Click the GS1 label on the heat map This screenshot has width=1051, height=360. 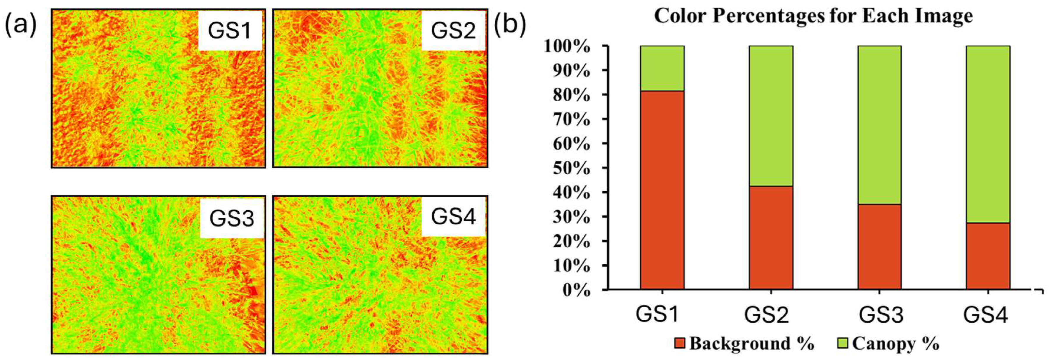pos(230,31)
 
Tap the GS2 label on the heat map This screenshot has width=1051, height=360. pos(453,31)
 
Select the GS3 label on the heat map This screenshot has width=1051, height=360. pos(232,218)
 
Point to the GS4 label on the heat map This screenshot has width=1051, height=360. pos(453,216)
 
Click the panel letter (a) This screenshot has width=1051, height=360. pos(20,25)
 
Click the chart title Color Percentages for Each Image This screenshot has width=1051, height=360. pos(813,16)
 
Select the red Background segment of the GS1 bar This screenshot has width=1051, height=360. pos(662,190)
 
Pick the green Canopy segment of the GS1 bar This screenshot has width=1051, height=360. pos(662,68)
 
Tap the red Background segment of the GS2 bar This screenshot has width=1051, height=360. pos(771,238)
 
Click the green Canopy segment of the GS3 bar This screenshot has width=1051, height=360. pos(879,125)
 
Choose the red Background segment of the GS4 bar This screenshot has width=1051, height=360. pos(988,256)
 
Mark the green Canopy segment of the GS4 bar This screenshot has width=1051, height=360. pos(988,134)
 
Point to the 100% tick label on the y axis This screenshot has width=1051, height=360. pos(567,47)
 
